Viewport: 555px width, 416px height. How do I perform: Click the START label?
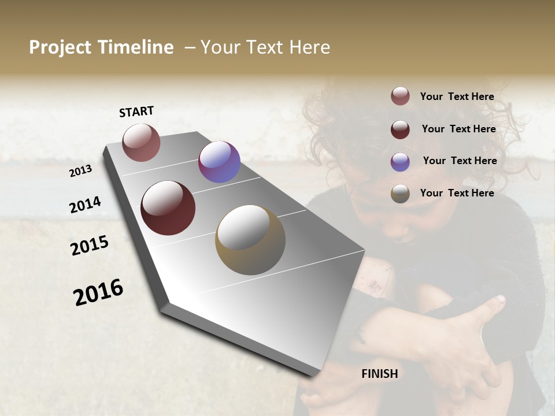click(136, 112)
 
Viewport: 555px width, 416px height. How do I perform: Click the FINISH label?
click(379, 374)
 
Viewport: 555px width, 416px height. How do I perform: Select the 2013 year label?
click(80, 171)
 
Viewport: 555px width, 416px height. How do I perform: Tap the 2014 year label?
click(85, 205)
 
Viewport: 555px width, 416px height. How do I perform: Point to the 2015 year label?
click(90, 246)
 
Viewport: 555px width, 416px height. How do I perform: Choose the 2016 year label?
click(98, 292)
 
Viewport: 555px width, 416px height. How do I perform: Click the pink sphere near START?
click(141, 142)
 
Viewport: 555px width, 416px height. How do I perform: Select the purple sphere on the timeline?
click(219, 162)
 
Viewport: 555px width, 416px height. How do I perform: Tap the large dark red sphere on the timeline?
click(168, 208)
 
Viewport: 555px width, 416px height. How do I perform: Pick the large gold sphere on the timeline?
click(250, 240)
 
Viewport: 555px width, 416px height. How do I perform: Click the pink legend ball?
click(400, 96)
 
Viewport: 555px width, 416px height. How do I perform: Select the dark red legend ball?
click(400, 129)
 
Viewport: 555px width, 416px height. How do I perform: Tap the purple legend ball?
click(400, 162)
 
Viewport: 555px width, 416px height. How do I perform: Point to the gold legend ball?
click(400, 194)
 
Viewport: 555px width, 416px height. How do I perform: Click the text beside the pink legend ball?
click(457, 96)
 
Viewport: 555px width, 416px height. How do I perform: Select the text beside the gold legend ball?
click(457, 193)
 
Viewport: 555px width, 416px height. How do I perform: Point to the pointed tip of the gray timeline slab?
click(315, 374)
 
